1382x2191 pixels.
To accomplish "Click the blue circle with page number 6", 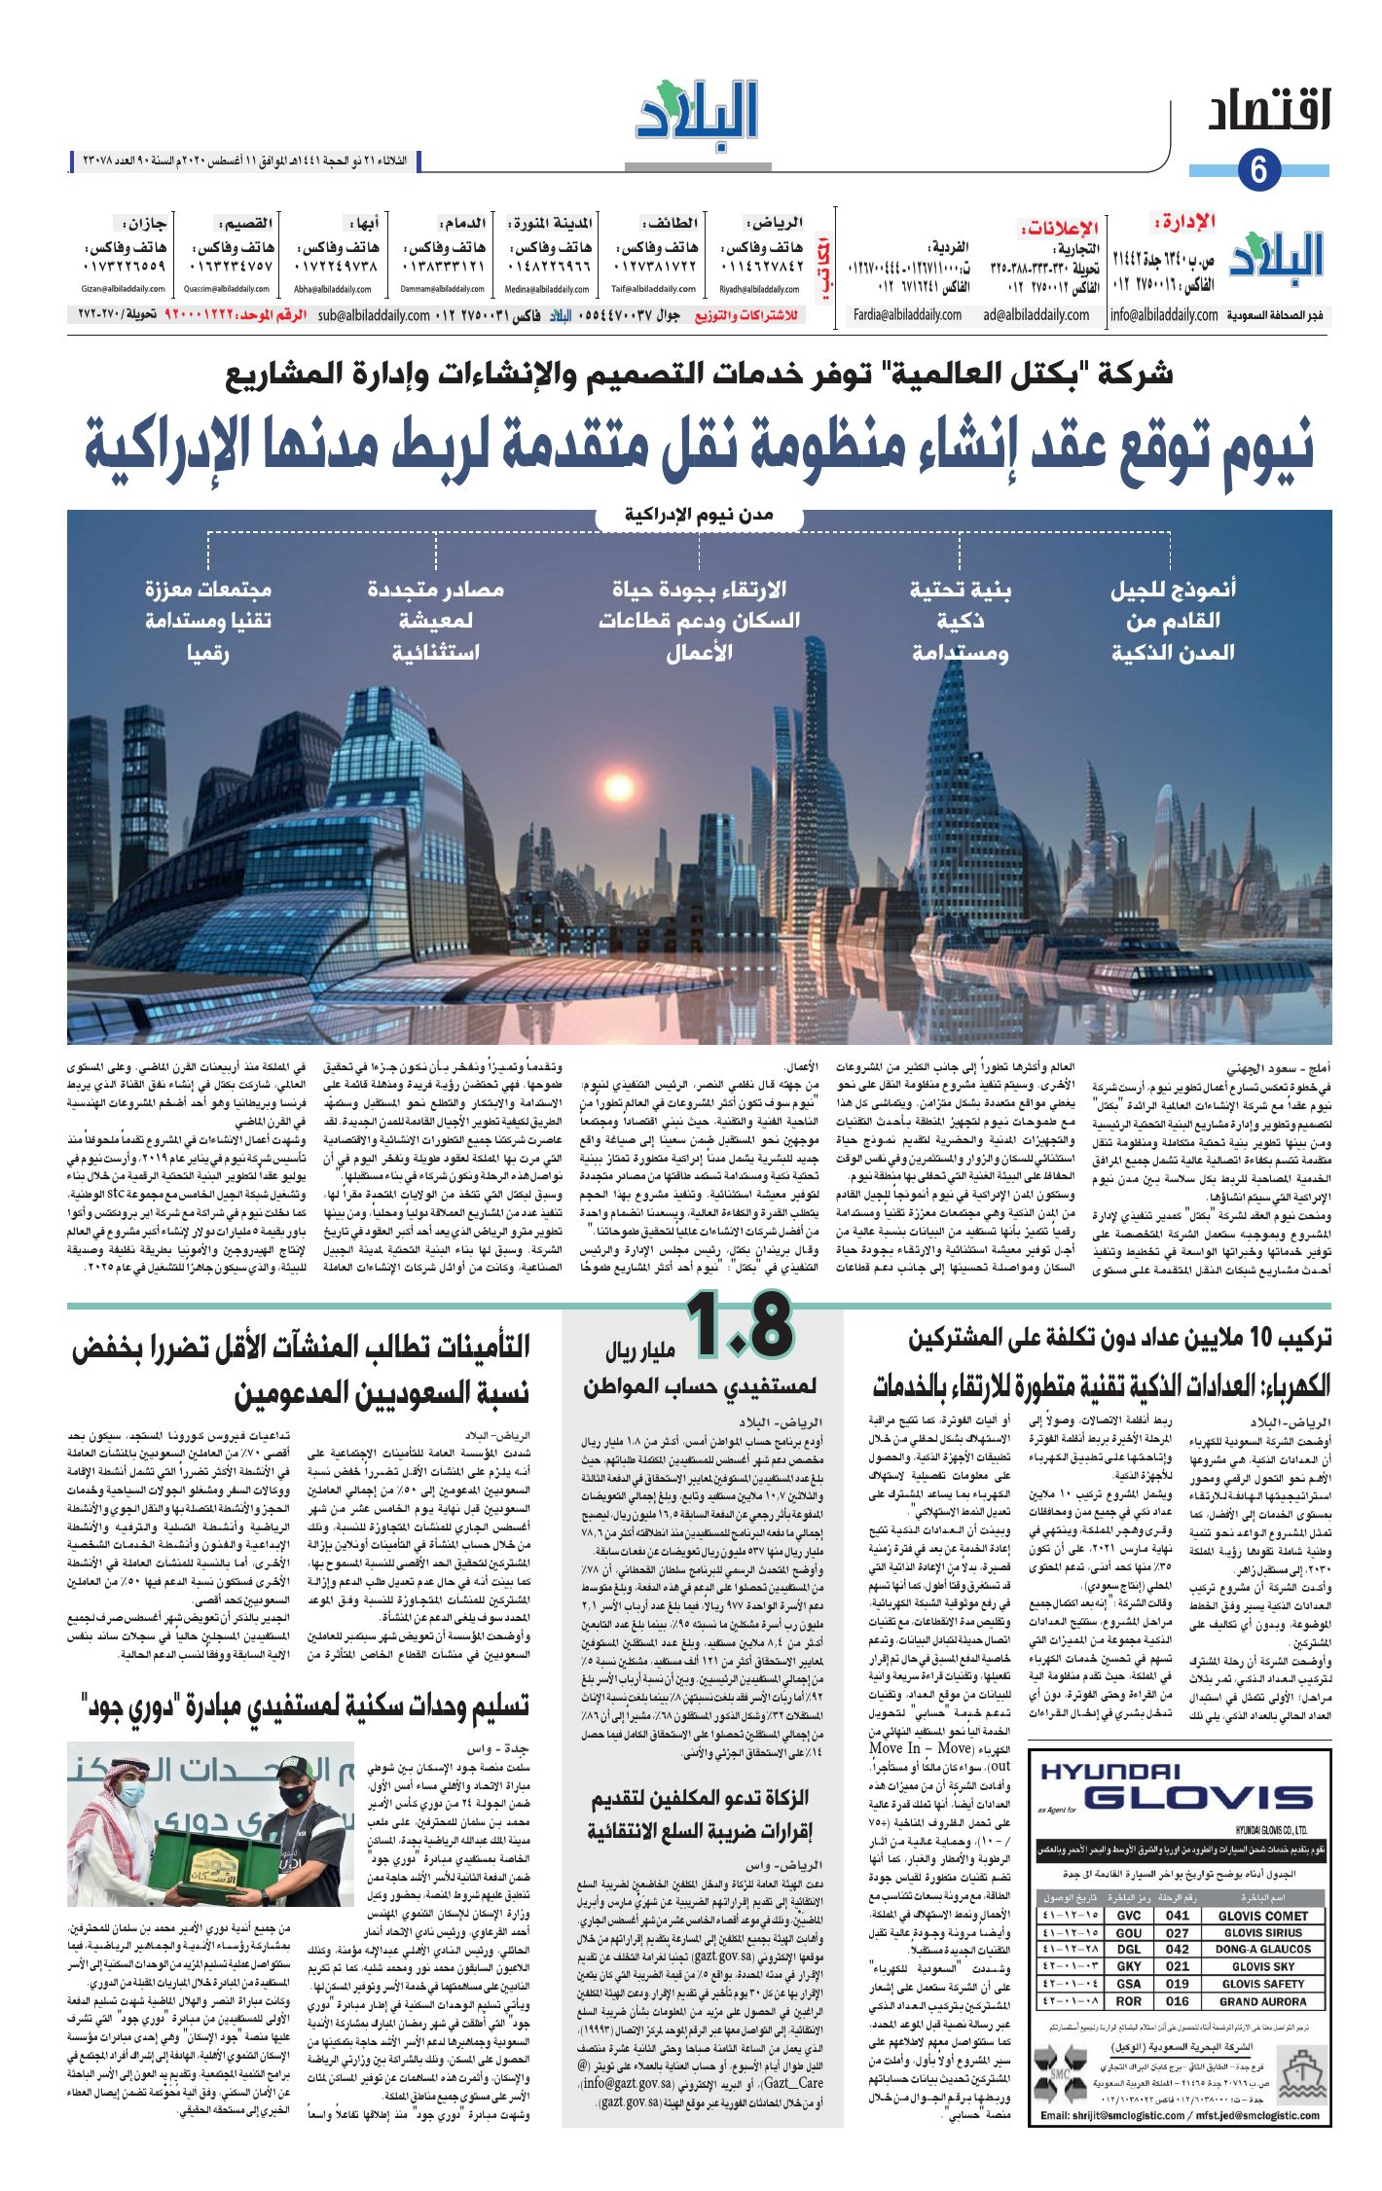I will pos(1258,169).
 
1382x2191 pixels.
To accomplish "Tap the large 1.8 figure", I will pos(740,1325).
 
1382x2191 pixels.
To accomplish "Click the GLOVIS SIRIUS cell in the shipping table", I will pos(1262,1932).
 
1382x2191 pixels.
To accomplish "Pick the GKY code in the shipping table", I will pos(1129,1966).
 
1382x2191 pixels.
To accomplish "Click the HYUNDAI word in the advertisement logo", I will pos(1109,1772).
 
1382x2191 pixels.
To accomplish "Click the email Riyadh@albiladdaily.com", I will pos(759,289).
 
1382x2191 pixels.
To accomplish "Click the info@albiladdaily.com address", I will pos(1164,315).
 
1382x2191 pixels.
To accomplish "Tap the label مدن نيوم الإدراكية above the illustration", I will pos(698,515).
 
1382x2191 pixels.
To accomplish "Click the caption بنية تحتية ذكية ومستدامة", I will pos(960,621).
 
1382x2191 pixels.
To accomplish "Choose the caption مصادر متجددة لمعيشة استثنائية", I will pos(435,621).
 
